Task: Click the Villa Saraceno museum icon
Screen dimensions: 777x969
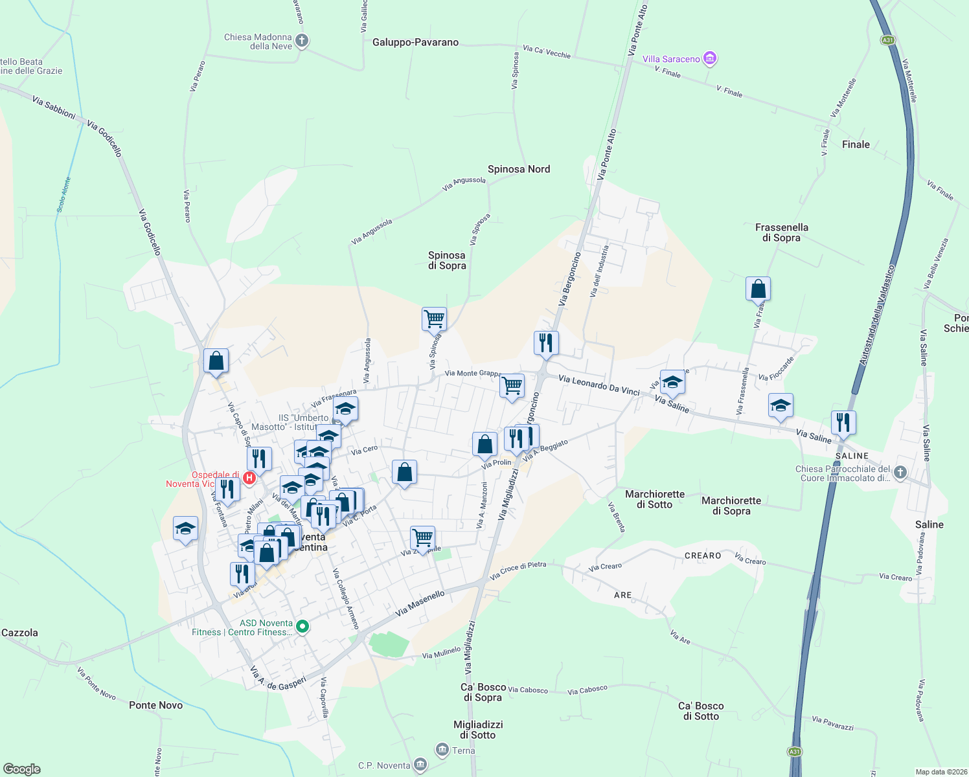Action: click(x=710, y=59)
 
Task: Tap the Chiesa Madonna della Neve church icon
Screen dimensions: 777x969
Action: click(x=302, y=41)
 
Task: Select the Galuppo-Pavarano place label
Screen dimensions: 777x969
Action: click(x=415, y=43)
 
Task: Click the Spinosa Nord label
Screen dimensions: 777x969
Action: click(x=519, y=170)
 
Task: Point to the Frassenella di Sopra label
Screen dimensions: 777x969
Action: click(x=781, y=232)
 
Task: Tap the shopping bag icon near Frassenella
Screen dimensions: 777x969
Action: click(x=758, y=289)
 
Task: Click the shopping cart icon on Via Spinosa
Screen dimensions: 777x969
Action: click(x=434, y=319)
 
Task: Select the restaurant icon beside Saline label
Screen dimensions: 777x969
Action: click(x=843, y=422)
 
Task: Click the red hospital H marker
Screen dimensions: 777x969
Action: click(x=249, y=478)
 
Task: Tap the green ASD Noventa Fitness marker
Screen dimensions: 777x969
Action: click(x=302, y=627)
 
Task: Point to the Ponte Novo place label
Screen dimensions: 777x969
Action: click(x=155, y=705)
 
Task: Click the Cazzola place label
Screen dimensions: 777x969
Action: click(x=20, y=633)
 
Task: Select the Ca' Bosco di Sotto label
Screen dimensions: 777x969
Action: click(x=701, y=711)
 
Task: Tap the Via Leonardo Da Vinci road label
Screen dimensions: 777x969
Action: click(x=598, y=386)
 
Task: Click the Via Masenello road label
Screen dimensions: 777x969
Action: click(x=420, y=603)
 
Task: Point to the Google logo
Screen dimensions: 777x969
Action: click(x=22, y=769)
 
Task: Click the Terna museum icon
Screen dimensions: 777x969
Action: click(x=442, y=750)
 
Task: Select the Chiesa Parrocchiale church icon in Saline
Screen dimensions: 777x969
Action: click(x=900, y=473)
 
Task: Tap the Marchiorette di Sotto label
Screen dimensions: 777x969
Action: click(x=655, y=499)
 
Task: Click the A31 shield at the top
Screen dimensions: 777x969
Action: click(x=887, y=40)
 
